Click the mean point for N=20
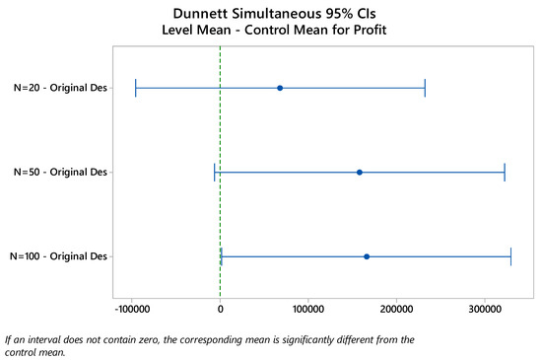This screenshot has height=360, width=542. (x=280, y=88)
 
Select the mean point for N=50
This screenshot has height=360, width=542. (x=360, y=172)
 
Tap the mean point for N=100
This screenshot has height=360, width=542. (x=367, y=256)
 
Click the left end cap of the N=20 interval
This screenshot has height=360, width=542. (x=135, y=88)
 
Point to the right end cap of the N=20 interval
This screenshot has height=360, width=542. (x=425, y=88)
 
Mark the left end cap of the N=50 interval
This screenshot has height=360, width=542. (x=215, y=172)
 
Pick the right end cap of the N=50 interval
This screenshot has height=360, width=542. (x=505, y=172)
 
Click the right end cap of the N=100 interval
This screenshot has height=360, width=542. (x=511, y=256)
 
